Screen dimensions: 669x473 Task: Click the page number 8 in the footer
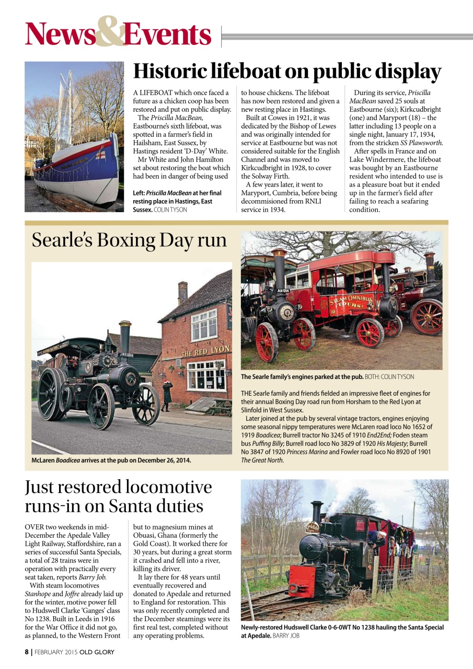tap(27, 652)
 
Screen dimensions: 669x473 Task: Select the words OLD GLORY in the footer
tap(97, 652)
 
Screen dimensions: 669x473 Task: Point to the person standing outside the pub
tap(167, 396)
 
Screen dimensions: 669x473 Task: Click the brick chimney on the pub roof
tap(182, 292)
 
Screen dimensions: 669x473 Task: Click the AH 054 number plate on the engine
tap(283, 290)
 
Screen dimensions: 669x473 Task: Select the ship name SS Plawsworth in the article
tap(422, 143)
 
